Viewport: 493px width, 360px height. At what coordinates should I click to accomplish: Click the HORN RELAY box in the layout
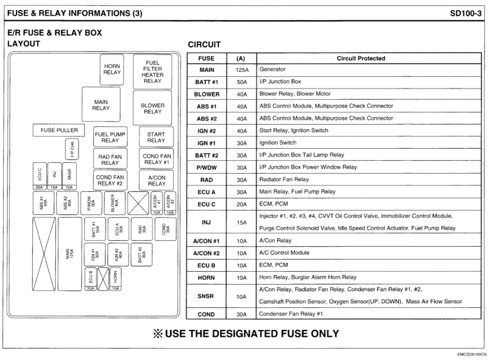111,69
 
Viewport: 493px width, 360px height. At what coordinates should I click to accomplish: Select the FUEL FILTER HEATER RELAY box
152,72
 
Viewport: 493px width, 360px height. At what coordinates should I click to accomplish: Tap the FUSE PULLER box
59,130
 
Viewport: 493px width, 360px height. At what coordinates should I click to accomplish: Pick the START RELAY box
156,137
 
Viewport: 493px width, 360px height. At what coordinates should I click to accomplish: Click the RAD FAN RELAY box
110,159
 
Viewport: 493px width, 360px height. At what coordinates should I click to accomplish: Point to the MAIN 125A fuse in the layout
69,253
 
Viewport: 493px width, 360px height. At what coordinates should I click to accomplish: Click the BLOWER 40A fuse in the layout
115,203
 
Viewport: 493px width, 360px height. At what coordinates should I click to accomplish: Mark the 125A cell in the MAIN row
241,70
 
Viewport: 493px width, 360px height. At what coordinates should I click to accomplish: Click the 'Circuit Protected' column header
361,58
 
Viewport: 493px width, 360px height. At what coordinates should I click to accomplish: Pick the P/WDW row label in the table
206,168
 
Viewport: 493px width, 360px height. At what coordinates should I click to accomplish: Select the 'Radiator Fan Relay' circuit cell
284,179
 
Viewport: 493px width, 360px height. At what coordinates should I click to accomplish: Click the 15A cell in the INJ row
241,222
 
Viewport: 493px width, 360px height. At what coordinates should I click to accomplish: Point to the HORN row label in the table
206,278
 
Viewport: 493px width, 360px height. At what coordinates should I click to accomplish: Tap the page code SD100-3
466,13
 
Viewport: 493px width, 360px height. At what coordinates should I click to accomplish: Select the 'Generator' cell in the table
272,70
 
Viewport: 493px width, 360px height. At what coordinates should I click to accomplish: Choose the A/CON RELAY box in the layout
156,180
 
